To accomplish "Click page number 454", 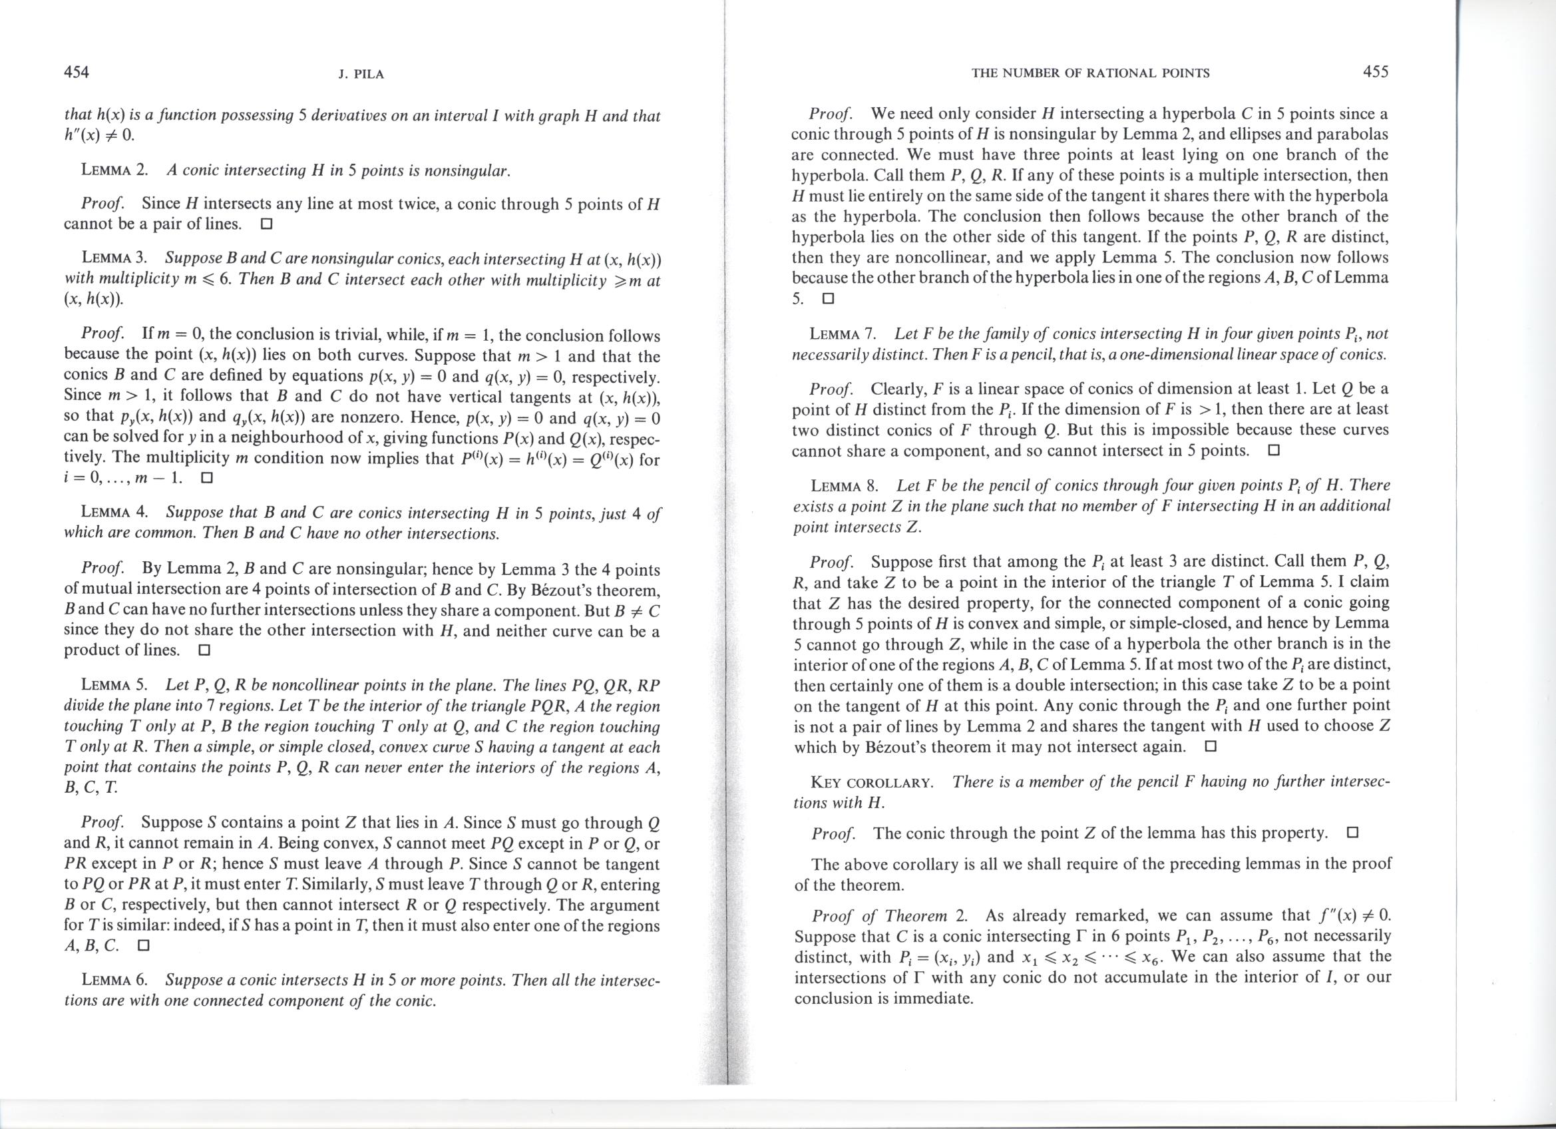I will pyautogui.click(x=76, y=71).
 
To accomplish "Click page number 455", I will pyautogui.click(x=1376, y=71).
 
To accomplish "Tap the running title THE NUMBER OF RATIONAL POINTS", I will pyautogui.click(x=1090, y=73).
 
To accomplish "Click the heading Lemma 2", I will pyautogui.click(x=114, y=171).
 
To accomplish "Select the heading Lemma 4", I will pyautogui.click(x=114, y=513).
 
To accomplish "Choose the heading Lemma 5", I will pyautogui.click(x=114, y=686).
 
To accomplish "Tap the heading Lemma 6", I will pyautogui.click(x=114, y=980).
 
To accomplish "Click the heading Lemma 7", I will pyautogui.click(x=843, y=335).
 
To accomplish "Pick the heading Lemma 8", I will pyautogui.click(x=845, y=487).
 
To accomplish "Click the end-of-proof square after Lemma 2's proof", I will pyautogui.click(x=267, y=224).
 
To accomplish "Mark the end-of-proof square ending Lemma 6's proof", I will pyautogui.click(x=828, y=300).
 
